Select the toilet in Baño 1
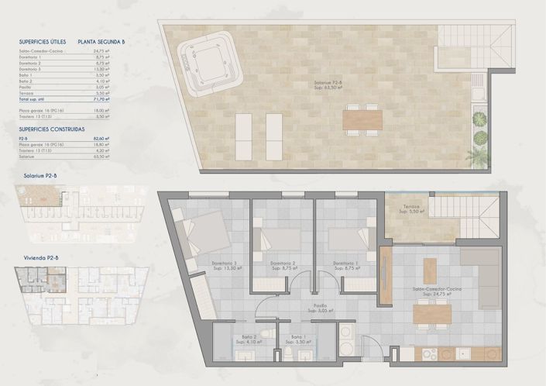(x=288, y=353)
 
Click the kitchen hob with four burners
(x=429, y=354)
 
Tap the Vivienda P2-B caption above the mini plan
(x=38, y=256)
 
